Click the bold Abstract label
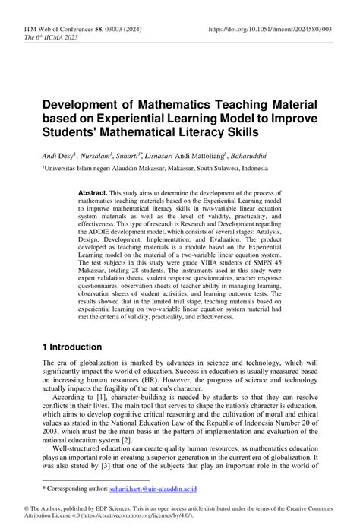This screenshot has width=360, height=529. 93,193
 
